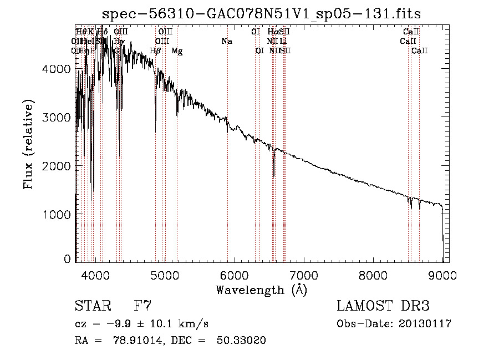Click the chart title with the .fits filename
(x=266, y=14)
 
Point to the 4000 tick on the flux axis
(x=55, y=68)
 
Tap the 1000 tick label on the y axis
(x=55, y=214)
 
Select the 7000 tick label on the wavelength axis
(x=304, y=275)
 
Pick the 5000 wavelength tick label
(x=165, y=275)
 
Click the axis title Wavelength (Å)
(x=261, y=290)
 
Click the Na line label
(x=226, y=42)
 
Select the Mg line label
(x=177, y=51)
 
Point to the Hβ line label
(x=156, y=51)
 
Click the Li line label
(x=283, y=42)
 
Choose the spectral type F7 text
(x=142, y=306)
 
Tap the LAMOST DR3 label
(x=383, y=306)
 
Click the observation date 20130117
(x=425, y=324)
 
